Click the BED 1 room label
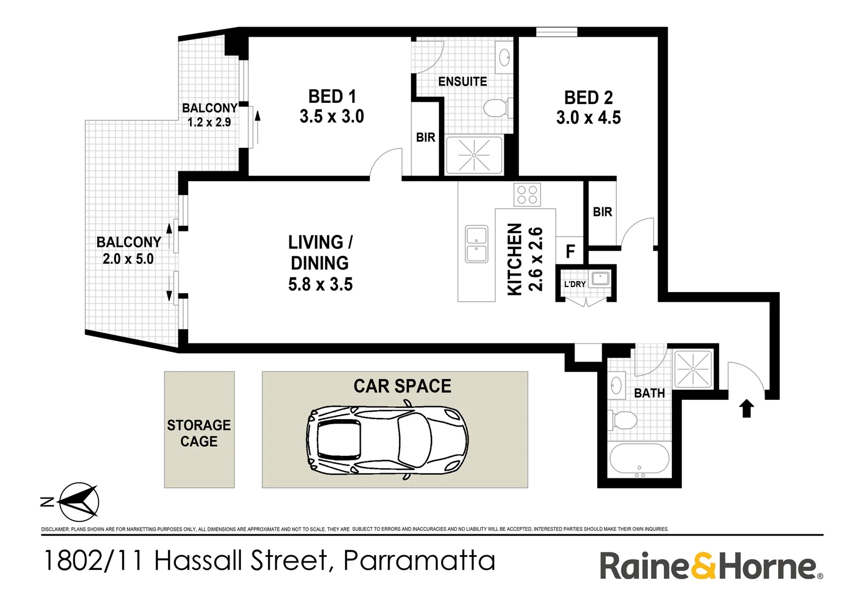(332, 97)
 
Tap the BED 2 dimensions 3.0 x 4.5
(588, 117)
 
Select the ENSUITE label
(462, 81)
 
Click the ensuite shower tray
(474, 155)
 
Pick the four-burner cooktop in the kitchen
(527, 195)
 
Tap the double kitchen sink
(476, 244)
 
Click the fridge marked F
(570, 251)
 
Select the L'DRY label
(574, 284)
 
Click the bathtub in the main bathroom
(640, 461)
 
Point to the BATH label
(649, 393)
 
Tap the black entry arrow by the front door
(747, 408)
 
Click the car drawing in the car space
(387, 439)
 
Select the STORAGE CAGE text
(199, 433)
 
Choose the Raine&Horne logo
(711, 566)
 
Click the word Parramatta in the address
(419, 561)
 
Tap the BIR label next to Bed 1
(425, 137)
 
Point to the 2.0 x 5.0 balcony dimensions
(128, 259)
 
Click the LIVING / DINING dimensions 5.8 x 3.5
(320, 284)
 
